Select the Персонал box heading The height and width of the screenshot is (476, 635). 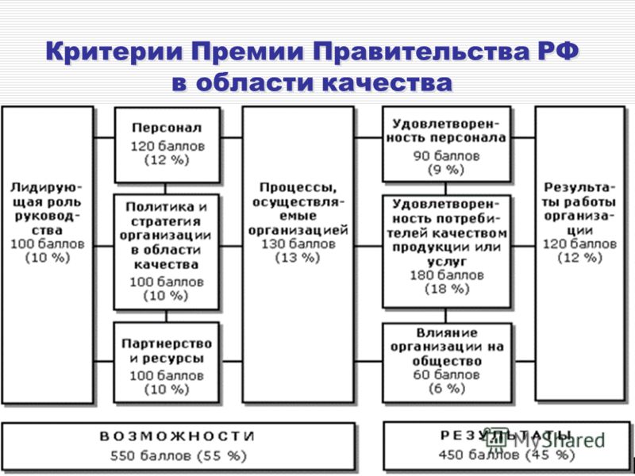point(167,128)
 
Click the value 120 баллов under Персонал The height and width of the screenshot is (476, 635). point(167,146)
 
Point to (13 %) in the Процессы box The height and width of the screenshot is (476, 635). point(298,258)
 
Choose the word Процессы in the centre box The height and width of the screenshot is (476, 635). point(298,188)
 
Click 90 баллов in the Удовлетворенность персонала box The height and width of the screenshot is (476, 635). point(446,155)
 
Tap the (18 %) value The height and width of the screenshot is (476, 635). point(447,289)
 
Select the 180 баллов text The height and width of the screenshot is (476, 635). point(447,275)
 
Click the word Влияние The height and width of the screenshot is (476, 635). point(447,333)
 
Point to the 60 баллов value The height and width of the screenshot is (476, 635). point(446,374)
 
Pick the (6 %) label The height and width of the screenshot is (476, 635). point(447,389)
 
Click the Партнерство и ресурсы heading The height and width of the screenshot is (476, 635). point(167,351)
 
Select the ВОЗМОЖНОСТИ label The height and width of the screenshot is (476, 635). point(177,436)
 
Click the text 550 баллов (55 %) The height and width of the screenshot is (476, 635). point(178,456)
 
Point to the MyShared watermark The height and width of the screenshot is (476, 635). point(547,440)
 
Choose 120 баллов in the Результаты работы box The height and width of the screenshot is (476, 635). point(580,244)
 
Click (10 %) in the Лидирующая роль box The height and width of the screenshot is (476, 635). point(48,258)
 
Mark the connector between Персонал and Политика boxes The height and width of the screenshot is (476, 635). point(165,189)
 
